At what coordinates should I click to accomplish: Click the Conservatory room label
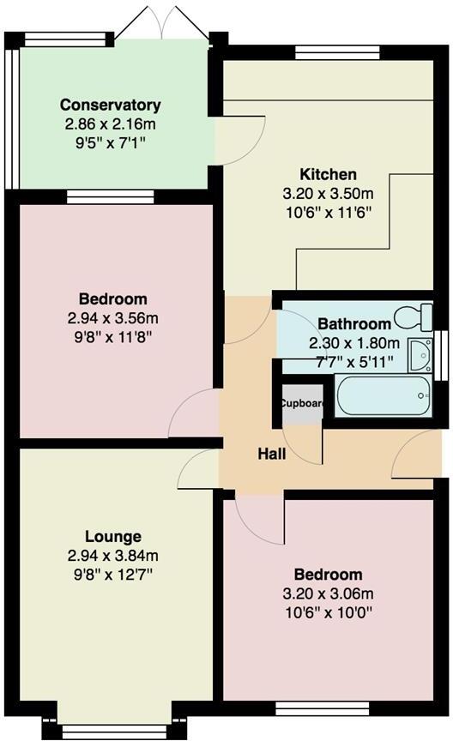pyautogui.click(x=110, y=105)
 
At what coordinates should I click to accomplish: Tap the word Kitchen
pyautogui.click(x=322, y=174)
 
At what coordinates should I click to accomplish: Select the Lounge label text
pyautogui.click(x=112, y=537)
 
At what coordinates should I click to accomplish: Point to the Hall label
pyautogui.click(x=272, y=454)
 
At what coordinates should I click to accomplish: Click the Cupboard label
pyautogui.click(x=302, y=403)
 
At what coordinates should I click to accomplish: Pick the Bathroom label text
pyautogui.click(x=354, y=324)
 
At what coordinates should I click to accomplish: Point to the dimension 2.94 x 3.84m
pyautogui.click(x=112, y=555)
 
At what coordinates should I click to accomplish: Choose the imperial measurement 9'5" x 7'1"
pyautogui.click(x=110, y=142)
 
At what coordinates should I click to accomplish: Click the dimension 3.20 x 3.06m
pyautogui.click(x=328, y=593)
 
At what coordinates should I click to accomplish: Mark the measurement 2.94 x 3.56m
pyautogui.click(x=112, y=318)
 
